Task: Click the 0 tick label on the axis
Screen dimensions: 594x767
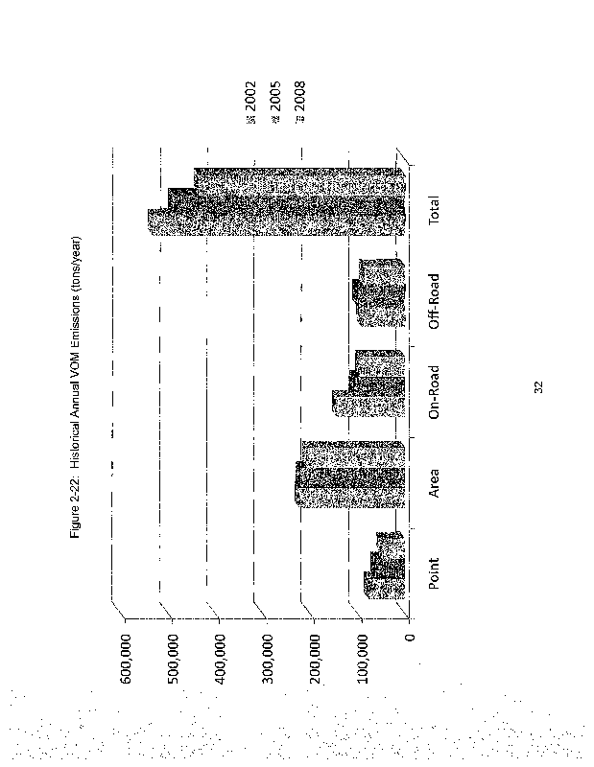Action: [x=410, y=637]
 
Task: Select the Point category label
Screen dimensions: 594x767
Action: [x=434, y=572]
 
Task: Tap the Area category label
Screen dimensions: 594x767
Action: [x=434, y=483]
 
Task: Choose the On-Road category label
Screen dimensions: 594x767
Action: [x=434, y=392]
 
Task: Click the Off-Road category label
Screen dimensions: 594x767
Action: [x=434, y=301]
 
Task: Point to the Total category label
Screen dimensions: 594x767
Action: [x=434, y=210]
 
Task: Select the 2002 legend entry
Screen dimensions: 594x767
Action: [x=250, y=102]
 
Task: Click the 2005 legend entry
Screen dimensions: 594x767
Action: [x=274, y=102]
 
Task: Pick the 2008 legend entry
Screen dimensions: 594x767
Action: [x=299, y=102]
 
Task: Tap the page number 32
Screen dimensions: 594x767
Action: [x=537, y=387]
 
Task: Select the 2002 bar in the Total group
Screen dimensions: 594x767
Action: [x=276, y=222]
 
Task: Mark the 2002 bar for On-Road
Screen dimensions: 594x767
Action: [x=368, y=404]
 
